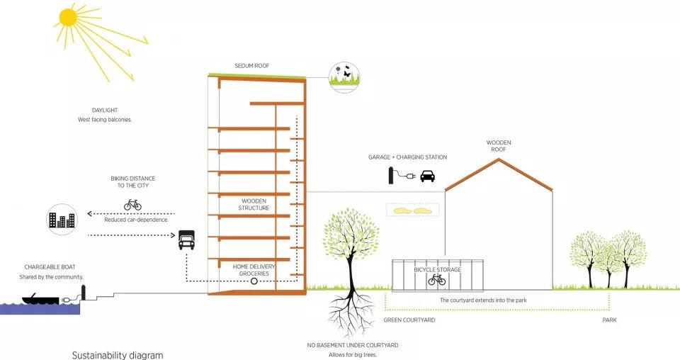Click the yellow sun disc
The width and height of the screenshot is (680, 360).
click(68, 17)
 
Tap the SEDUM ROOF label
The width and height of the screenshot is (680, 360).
click(251, 66)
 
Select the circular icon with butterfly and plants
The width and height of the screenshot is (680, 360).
click(344, 75)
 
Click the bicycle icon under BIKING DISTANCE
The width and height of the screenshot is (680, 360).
click(132, 205)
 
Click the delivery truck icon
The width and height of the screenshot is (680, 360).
click(186, 240)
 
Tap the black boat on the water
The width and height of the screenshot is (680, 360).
click(41, 299)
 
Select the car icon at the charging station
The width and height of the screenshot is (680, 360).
click(427, 176)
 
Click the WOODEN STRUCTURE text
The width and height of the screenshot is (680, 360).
click(254, 205)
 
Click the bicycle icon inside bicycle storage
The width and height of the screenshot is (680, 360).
click(437, 280)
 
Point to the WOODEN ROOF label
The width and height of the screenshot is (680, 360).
click(499, 146)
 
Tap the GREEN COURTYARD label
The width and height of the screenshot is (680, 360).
click(409, 320)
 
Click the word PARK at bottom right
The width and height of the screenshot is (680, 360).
click(609, 320)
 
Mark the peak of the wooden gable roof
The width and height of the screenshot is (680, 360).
click(499, 159)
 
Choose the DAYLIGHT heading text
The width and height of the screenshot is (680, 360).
click(104, 111)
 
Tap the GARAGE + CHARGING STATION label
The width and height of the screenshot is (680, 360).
click(407, 157)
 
